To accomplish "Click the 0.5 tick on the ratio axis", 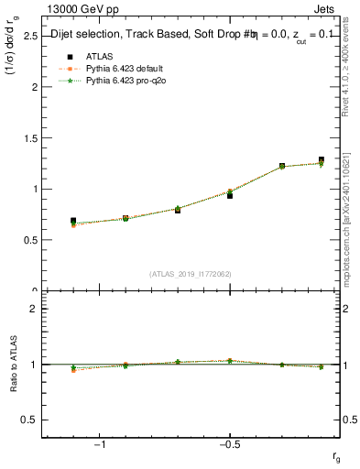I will [x=30, y=420].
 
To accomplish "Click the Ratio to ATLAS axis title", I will [x=13, y=365].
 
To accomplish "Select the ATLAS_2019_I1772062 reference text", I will [x=191, y=274].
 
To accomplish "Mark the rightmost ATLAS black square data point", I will [x=322, y=160].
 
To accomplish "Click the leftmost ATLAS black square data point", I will [x=73, y=221].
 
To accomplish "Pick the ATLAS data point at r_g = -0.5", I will [x=230, y=195].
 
